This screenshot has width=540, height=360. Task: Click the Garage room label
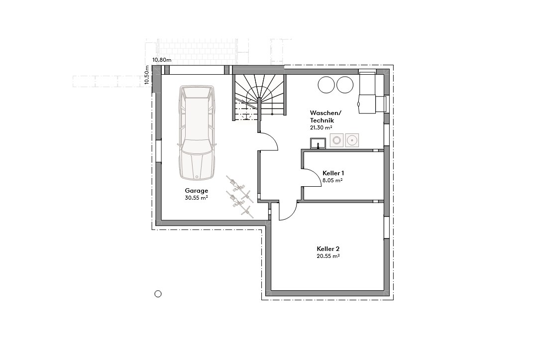[x=196, y=191]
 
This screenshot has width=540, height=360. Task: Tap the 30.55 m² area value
[x=196, y=198]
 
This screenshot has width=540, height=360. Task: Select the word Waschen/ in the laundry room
[x=325, y=113]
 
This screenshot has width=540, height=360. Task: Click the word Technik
[x=322, y=120]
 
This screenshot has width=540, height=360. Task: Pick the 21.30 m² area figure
[x=321, y=128]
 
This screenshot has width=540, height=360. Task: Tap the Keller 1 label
[x=333, y=173]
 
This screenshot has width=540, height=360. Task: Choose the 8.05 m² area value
[x=332, y=181]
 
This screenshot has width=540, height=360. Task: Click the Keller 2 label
[x=328, y=248]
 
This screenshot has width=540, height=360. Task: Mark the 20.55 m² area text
[x=328, y=256]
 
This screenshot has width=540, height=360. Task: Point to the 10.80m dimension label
[x=162, y=60]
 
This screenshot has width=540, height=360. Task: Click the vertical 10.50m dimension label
[x=147, y=76]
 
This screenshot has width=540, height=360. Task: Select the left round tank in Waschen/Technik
[x=327, y=85]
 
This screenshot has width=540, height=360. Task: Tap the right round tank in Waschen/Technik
[x=344, y=85]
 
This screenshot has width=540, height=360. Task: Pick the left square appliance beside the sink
[x=337, y=140]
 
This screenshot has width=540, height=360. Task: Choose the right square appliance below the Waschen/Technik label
[x=352, y=140]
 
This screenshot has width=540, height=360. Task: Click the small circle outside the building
[x=158, y=294]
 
